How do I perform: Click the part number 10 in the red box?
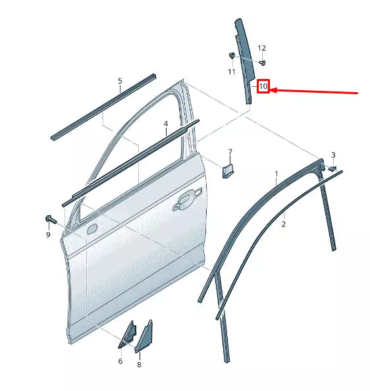[x=263, y=86]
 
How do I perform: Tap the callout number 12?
[x=261, y=48]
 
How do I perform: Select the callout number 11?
[x=232, y=71]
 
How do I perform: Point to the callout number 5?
[x=120, y=82]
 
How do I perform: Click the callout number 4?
[x=166, y=124]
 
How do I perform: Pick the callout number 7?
[x=230, y=153]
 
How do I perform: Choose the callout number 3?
[x=333, y=155]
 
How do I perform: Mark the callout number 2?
[x=284, y=224]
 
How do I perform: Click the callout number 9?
[x=47, y=235]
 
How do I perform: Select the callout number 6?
[x=120, y=361]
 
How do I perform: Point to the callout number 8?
[x=139, y=364]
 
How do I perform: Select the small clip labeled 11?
[x=232, y=55]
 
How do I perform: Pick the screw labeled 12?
[x=262, y=63]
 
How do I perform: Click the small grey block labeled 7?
[x=226, y=172]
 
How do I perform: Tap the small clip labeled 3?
[x=332, y=169]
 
